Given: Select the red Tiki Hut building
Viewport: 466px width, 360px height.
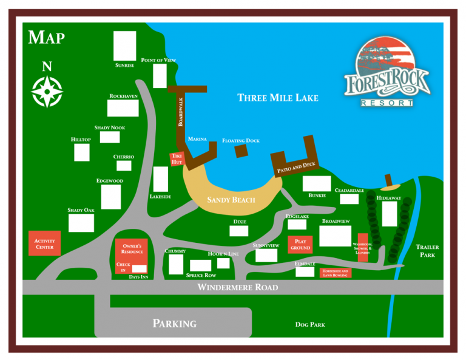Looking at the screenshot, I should click(x=177, y=159).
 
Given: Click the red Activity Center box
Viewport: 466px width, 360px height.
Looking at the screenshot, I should click(x=44, y=243).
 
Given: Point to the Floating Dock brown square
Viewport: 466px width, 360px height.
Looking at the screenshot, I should click(x=241, y=151).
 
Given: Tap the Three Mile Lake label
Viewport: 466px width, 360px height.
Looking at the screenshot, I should click(x=277, y=98).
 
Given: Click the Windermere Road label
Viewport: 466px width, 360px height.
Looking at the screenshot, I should click(x=237, y=287).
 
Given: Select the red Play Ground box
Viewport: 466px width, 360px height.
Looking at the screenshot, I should click(x=300, y=245).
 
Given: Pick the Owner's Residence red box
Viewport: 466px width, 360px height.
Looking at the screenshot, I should click(x=132, y=250).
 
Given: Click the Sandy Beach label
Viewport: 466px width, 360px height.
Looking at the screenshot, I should click(x=231, y=200).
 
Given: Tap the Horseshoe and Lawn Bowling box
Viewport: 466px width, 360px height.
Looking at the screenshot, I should click(x=335, y=273).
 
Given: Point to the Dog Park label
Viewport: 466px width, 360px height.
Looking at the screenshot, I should click(x=310, y=325).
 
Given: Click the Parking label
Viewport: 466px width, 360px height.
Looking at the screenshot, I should click(x=174, y=324).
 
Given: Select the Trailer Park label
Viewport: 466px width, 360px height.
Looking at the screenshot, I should click(x=427, y=251).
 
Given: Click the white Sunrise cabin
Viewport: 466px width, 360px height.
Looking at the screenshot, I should click(x=125, y=46).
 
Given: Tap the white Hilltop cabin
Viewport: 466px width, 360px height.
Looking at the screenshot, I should click(x=82, y=152).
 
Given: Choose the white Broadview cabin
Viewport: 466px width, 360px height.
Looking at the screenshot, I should click(x=335, y=236).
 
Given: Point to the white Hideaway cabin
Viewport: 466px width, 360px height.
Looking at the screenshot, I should click(x=389, y=214).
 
